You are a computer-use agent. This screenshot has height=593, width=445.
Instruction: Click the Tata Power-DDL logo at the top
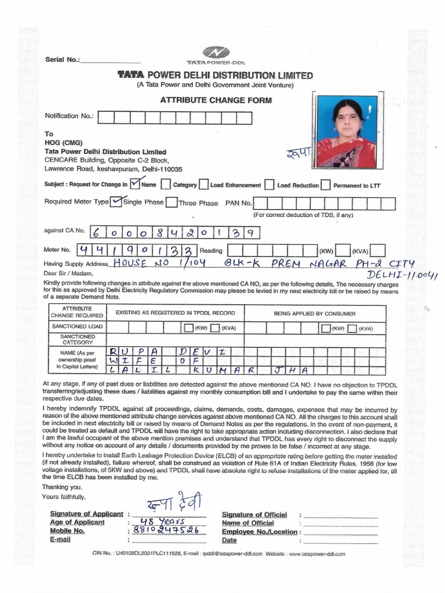(216, 53)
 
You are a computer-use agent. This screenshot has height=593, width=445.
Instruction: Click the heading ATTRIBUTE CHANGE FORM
(216, 100)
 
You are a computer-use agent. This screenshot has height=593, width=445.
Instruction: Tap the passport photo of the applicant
(346, 132)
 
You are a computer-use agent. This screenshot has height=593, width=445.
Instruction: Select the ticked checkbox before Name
(135, 184)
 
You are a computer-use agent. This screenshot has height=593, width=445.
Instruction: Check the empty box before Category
(166, 185)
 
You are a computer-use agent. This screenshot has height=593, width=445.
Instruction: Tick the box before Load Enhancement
(203, 185)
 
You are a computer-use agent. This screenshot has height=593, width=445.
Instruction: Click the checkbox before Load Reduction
(269, 185)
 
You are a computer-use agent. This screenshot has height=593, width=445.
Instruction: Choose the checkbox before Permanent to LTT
(326, 185)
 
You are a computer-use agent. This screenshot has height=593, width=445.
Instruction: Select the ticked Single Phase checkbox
(116, 202)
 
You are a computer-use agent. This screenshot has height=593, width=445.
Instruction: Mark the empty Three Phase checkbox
(172, 202)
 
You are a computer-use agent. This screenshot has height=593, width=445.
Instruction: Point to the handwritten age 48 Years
(151, 521)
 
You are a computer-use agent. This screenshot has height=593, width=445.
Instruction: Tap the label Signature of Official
(254, 514)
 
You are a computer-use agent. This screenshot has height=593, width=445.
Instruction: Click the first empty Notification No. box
(105, 118)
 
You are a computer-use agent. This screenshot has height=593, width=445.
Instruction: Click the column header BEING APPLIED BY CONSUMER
(315, 313)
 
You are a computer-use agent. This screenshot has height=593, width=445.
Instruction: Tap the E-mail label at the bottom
(60, 539)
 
